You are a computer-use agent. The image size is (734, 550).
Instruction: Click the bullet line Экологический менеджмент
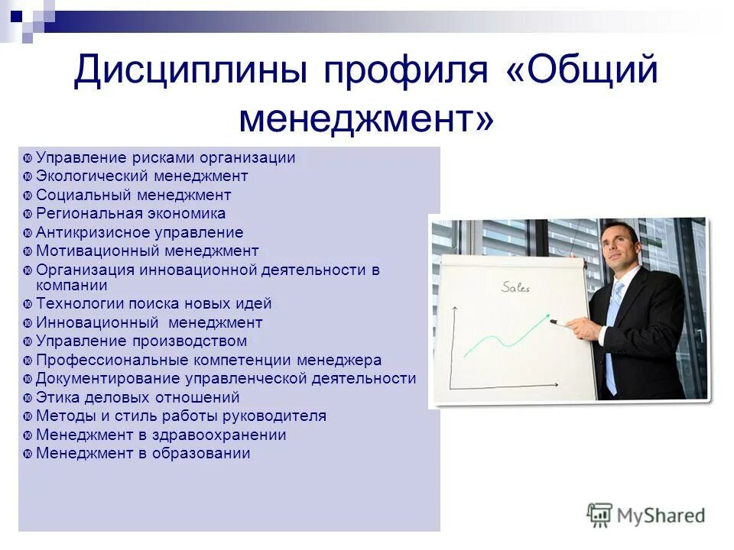[142, 176]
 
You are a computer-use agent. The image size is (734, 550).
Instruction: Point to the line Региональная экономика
[131, 214]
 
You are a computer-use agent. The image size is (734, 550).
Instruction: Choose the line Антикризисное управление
[139, 232]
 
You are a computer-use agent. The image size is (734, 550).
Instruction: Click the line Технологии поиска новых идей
[154, 304]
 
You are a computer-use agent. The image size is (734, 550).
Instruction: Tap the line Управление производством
[141, 341]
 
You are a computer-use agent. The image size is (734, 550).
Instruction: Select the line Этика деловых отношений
[138, 397]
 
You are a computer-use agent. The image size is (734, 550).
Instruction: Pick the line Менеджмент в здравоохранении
[161, 435]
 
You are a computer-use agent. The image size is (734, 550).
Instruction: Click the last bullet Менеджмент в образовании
[143, 454]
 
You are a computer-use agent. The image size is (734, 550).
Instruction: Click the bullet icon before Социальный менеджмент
[27, 196]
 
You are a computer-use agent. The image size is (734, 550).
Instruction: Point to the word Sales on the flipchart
[515, 288]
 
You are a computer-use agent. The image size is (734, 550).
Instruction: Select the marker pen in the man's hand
[563, 324]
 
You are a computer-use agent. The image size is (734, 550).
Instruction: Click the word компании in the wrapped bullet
[72, 285]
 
